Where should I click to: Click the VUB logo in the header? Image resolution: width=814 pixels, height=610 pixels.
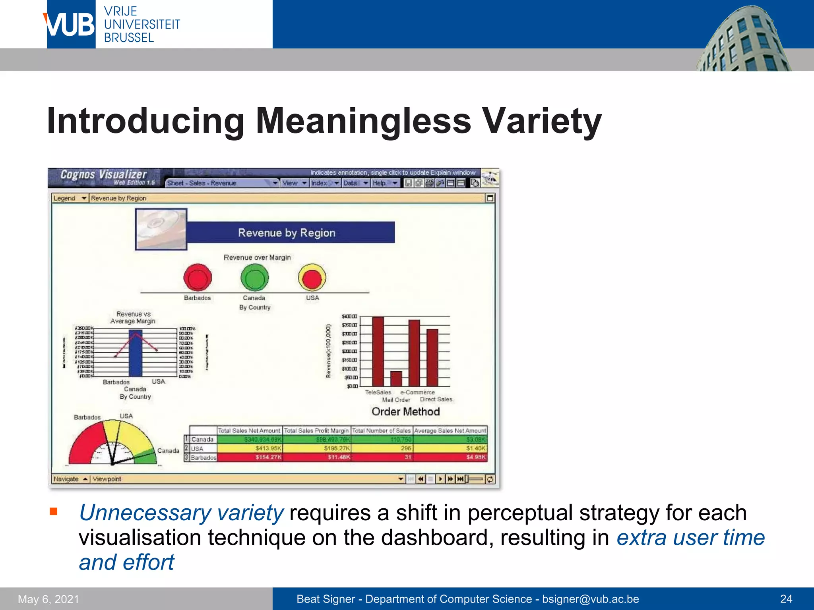71,25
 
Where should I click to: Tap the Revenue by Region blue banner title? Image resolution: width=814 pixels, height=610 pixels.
287,233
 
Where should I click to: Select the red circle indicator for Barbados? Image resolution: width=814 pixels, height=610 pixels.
198,277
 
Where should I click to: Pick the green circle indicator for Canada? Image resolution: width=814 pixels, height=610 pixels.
254,277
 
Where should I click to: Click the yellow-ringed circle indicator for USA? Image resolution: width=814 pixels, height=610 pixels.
312,277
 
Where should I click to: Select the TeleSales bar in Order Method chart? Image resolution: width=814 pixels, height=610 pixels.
378,351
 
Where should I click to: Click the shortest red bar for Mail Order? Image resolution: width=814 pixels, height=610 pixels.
396,378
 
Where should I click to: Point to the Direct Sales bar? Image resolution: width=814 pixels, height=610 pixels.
432,357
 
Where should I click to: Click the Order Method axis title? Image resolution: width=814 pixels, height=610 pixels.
405,411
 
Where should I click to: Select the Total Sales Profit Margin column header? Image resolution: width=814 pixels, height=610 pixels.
316,430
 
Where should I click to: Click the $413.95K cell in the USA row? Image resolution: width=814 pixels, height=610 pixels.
269,448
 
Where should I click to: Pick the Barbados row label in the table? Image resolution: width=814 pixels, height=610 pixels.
203,457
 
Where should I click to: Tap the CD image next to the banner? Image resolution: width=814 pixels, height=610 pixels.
161,229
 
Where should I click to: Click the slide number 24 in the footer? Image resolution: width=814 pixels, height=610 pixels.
786,599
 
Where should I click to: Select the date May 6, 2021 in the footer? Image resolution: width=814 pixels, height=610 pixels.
48,599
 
